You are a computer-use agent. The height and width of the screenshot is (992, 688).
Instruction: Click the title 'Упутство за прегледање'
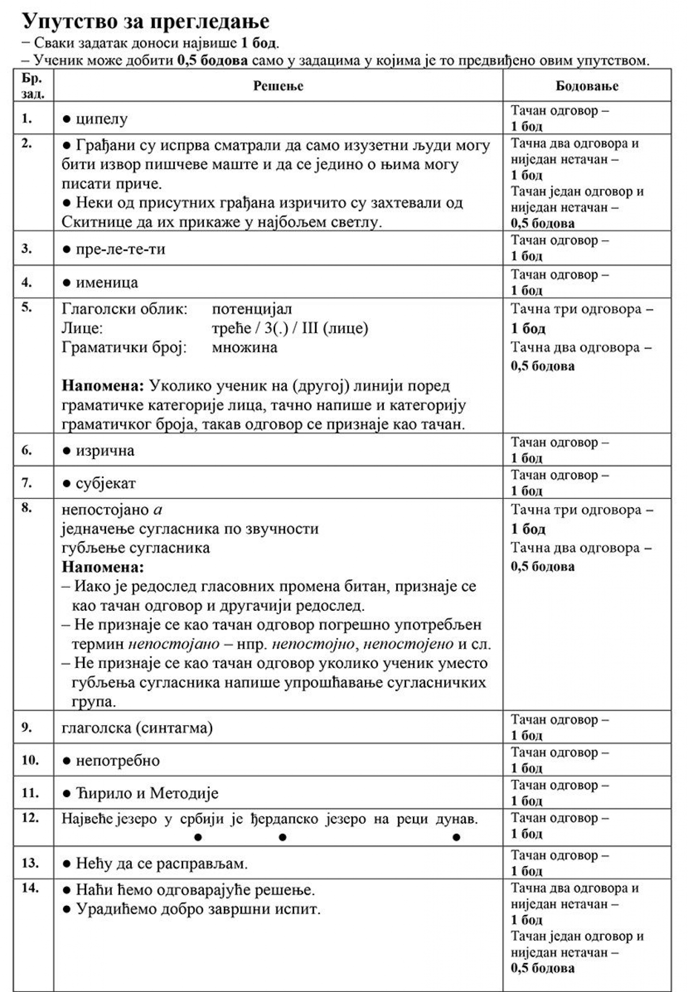coord(145,21)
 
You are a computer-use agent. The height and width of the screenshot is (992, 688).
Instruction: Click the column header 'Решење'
coord(278,86)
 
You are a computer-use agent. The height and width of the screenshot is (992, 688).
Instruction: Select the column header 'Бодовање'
coord(587,86)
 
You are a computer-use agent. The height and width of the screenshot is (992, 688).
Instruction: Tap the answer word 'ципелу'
coord(102,119)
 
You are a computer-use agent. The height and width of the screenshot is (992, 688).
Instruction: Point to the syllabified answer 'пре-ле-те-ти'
coord(120,249)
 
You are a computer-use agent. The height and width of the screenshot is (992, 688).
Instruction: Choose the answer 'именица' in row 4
coord(107,282)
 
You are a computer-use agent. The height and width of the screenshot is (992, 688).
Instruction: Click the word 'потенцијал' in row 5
coord(252,309)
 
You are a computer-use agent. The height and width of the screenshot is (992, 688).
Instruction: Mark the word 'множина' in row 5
coord(245,347)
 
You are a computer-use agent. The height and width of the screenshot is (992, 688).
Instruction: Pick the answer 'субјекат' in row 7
coord(106,483)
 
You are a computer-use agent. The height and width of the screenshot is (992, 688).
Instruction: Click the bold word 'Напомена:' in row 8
coord(103,567)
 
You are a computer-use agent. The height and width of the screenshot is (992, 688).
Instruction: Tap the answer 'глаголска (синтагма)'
coord(137,728)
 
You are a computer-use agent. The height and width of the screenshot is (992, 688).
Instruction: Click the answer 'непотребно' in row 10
coord(118,760)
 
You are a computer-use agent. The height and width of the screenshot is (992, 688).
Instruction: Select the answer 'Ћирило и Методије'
coord(147,793)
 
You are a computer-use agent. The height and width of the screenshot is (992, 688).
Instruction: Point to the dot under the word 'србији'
coord(198,837)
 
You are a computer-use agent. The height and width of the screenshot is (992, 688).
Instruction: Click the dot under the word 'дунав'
coord(456,837)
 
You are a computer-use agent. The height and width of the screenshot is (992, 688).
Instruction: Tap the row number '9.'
coord(27,727)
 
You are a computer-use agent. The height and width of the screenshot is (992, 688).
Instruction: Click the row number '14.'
coord(30,888)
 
